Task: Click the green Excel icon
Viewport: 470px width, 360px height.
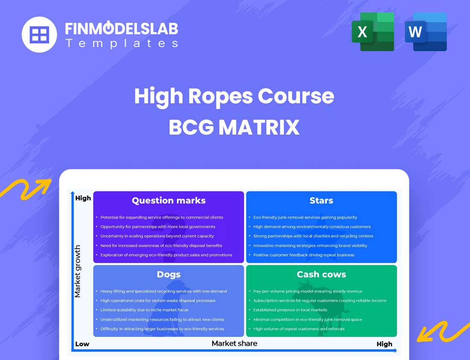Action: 373,32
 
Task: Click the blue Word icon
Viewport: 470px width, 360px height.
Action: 426,32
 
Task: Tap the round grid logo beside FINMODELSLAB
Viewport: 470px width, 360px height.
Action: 39,35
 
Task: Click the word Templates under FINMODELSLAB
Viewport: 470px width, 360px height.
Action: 122,43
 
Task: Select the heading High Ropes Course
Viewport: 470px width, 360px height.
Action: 234,96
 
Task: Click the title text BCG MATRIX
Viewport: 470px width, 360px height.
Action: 234,127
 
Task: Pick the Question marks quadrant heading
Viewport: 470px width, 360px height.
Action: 169,200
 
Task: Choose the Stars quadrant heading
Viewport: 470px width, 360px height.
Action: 321,200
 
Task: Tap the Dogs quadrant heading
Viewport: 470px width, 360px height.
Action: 169,274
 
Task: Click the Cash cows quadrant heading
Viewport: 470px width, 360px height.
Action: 321,274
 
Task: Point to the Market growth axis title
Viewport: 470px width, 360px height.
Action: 78,271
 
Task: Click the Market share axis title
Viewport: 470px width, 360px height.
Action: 235,343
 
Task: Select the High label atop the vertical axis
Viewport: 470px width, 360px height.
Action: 83,198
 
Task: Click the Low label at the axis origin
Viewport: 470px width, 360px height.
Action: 82,344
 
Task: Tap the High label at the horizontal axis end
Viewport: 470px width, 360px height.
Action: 384,344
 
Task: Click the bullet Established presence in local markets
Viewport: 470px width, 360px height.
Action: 290,310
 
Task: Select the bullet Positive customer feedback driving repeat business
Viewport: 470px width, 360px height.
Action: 304,255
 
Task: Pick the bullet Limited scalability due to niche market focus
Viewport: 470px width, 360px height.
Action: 144,310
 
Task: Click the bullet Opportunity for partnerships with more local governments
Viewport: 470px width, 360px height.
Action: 158,227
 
